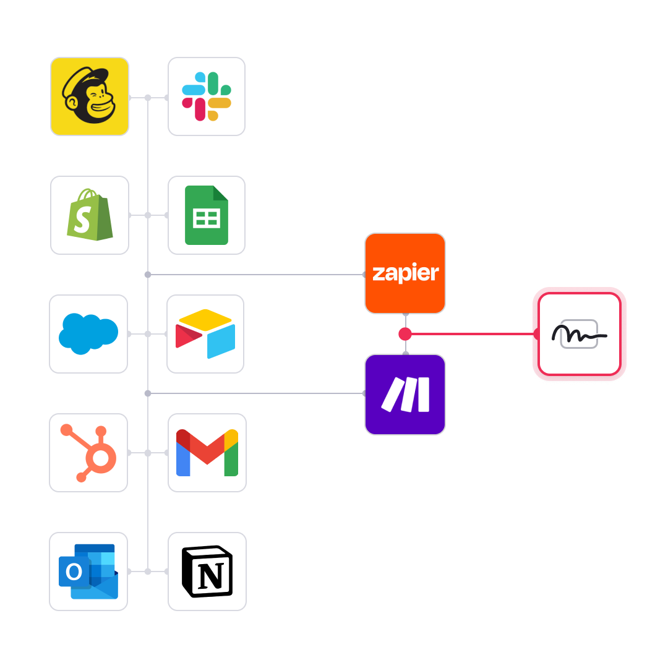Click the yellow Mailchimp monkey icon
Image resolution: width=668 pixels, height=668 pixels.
point(90,96)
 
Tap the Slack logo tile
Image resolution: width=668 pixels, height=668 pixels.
point(207,96)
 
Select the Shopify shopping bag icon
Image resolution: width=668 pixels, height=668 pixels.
point(90,215)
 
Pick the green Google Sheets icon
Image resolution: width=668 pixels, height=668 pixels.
point(207,215)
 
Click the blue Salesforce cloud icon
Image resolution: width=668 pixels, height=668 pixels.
point(88,334)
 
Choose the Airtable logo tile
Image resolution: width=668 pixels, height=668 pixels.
point(205,334)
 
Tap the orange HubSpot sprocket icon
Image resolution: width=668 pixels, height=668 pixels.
point(88,453)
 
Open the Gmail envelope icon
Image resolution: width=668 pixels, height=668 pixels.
point(207,453)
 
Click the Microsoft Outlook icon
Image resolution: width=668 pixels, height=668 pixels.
point(88,572)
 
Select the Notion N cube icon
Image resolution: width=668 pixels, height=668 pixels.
point(207,572)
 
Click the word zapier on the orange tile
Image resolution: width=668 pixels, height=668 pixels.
point(405,273)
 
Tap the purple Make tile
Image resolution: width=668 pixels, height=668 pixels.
point(405,394)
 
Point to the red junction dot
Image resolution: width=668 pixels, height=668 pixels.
point(405,334)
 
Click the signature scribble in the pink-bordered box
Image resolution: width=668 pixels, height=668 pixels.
point(579,334)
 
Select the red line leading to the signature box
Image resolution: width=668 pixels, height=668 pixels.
point(470,334)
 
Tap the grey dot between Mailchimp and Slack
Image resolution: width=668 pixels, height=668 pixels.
point(148,97)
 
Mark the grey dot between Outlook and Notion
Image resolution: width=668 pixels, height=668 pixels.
point(148,572)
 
